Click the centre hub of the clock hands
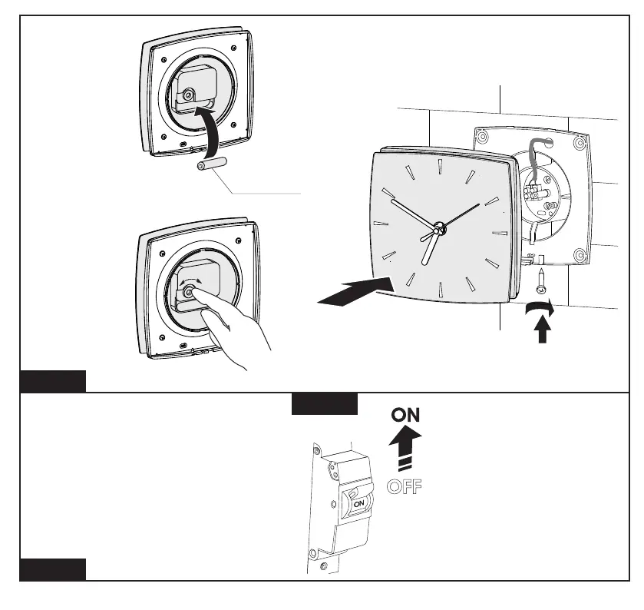(438, 228)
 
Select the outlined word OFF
(405, 486)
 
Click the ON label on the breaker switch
(358, 499)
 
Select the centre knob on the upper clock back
(188, 95)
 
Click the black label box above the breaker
(325, 404)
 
